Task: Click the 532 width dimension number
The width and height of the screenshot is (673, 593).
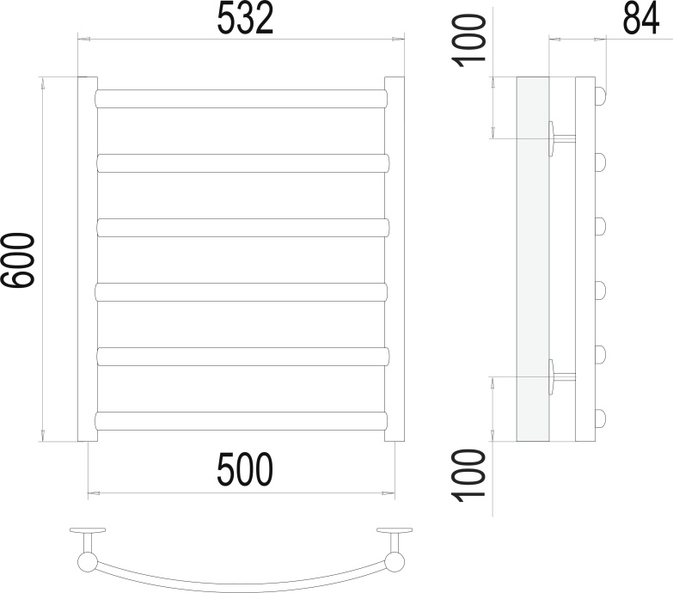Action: click(x=245, y=18)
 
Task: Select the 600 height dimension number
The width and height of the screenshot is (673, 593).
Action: click(x=16, y=260)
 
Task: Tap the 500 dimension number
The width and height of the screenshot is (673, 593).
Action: click(x=245, y=469)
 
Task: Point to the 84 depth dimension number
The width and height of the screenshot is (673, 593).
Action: click(x=640, y=18)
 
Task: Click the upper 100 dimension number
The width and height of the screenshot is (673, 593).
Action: click(x=469, y=40)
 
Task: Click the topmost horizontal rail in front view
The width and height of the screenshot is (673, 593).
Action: click(x=241, y=99)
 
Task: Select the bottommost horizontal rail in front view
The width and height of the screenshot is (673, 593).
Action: click(x=241, y=421)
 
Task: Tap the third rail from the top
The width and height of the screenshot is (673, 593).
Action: click(x=243, y=228)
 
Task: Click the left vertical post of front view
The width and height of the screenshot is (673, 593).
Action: click(x=88, y=260)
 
